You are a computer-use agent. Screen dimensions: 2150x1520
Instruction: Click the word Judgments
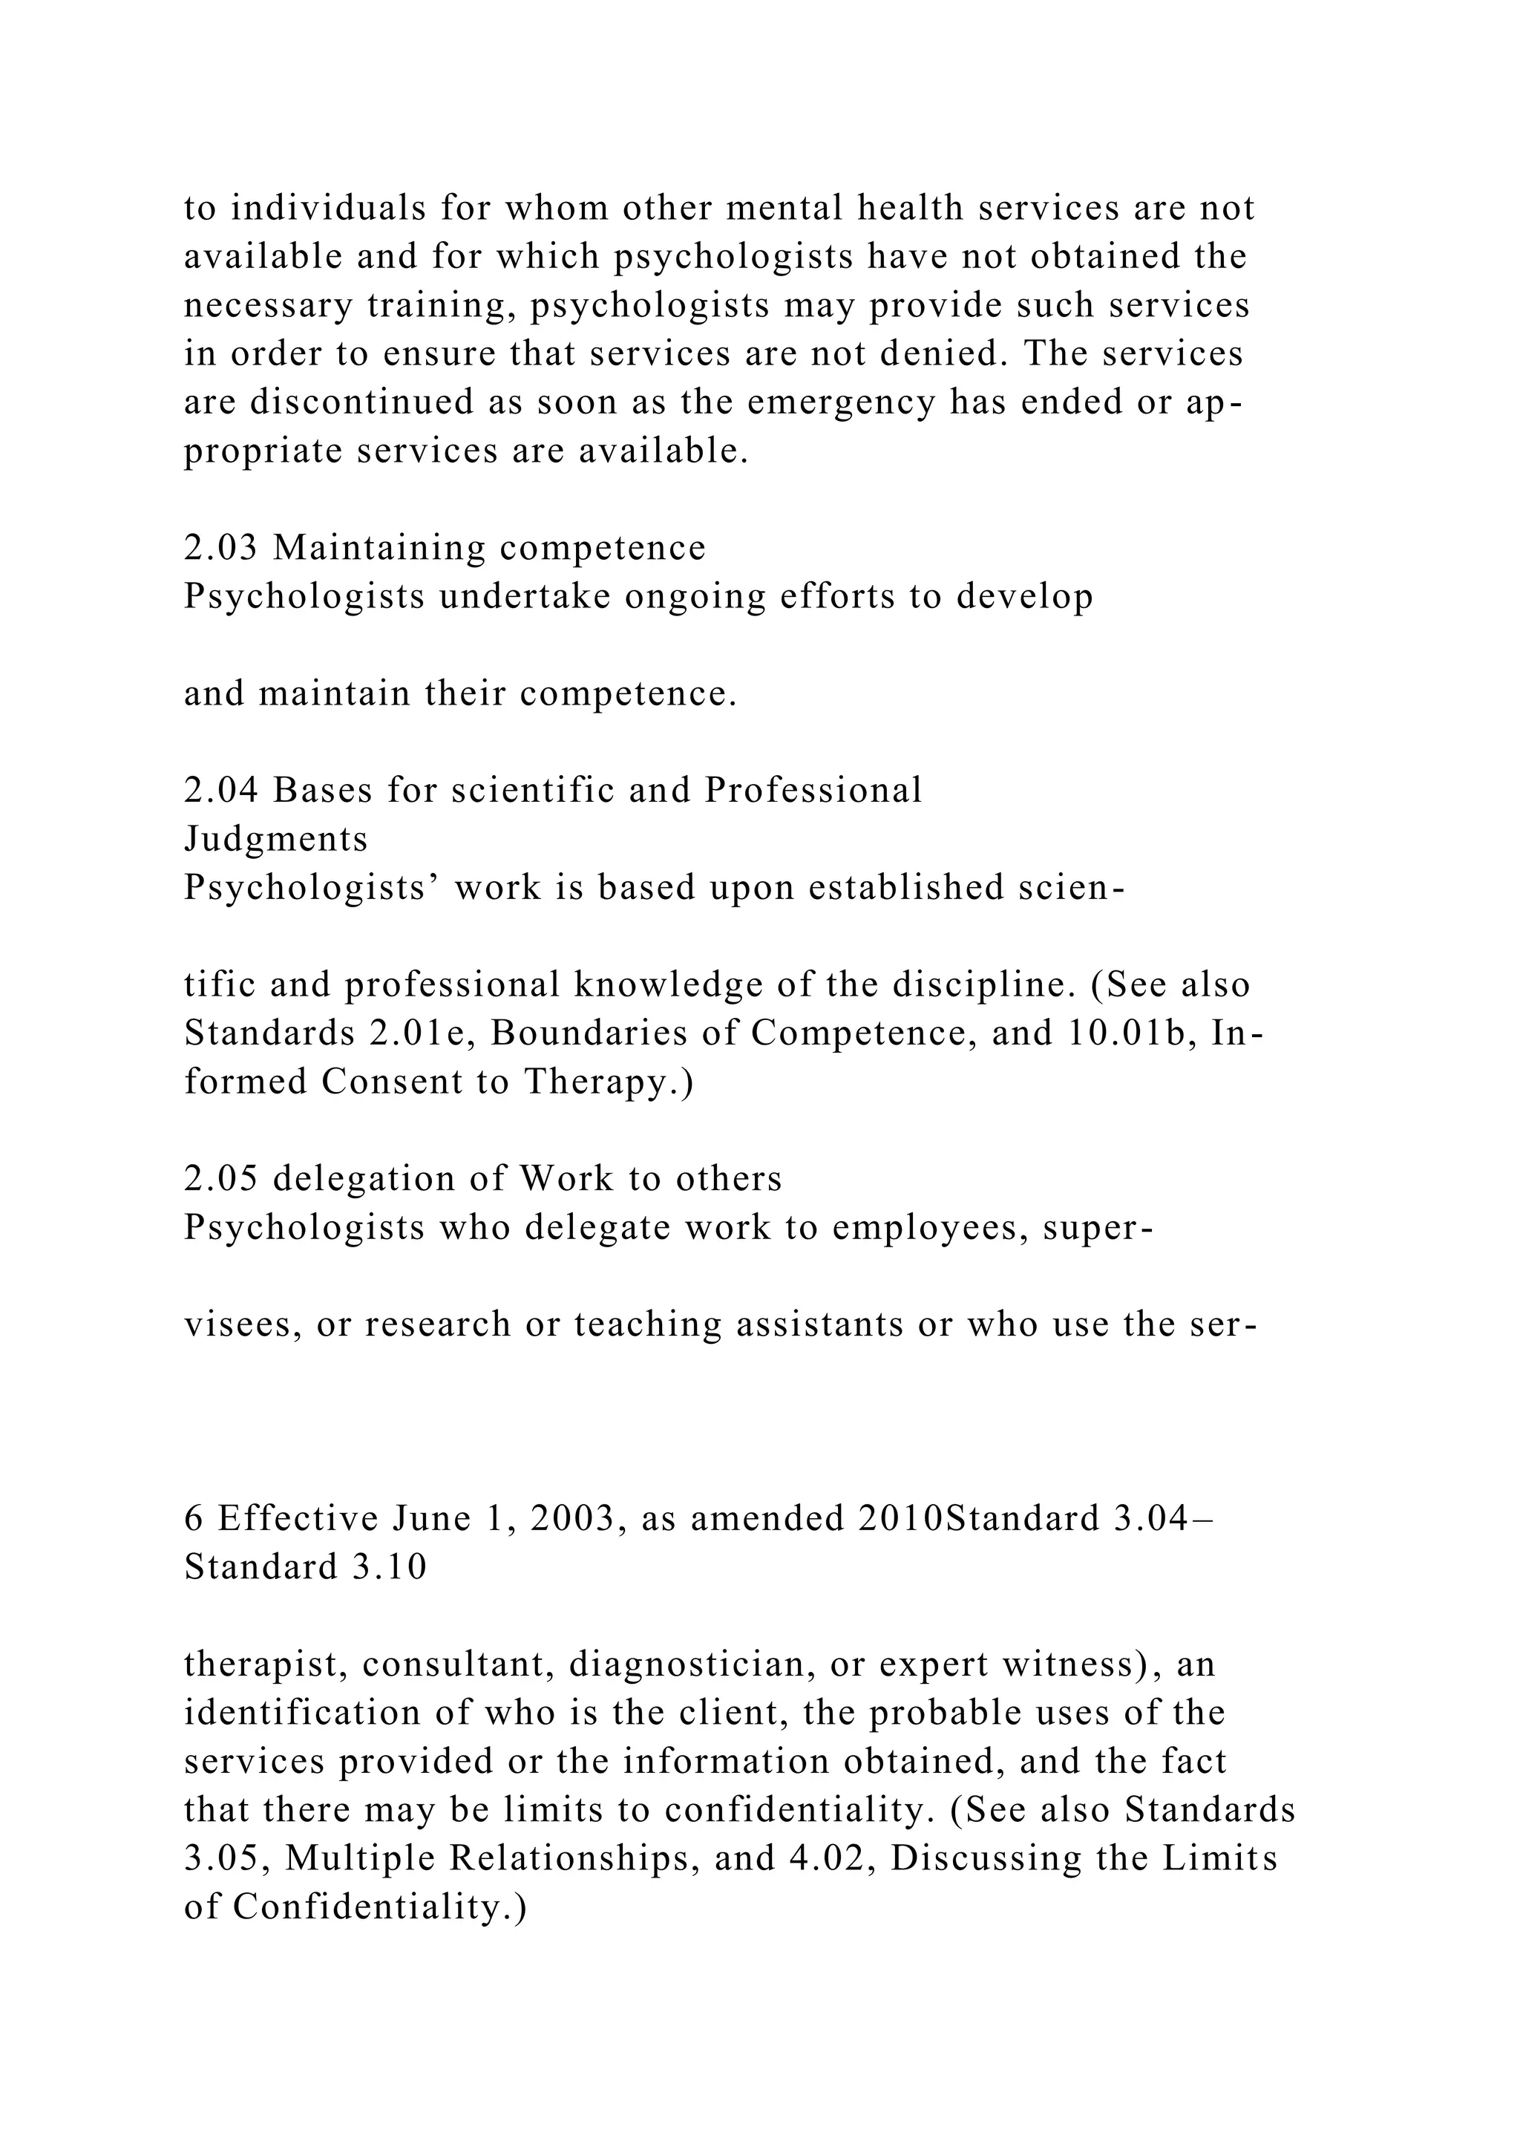tap(276, 839)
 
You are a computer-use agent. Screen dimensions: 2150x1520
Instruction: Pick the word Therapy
tap(609, 1082)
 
